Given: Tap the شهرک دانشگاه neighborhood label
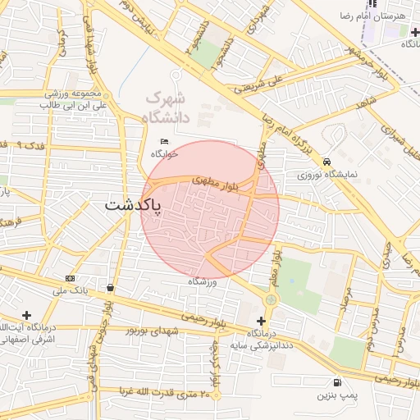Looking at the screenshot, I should tap(167, 107).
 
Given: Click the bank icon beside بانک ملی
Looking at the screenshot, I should tap(69, 278).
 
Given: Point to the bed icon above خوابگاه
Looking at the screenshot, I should tap(164, 141).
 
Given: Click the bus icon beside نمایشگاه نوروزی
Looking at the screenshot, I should tap(327, 162).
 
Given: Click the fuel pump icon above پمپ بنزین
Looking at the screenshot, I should tap(337, 382).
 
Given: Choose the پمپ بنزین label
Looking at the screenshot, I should tap(336, 395).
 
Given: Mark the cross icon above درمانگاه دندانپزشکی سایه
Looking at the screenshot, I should tap(261, 321).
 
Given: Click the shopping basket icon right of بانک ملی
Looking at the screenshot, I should tap(110, 287).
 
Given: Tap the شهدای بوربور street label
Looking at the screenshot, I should tap(151, 330).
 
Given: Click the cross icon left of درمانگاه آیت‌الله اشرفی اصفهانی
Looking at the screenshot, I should tap(26, 315).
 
